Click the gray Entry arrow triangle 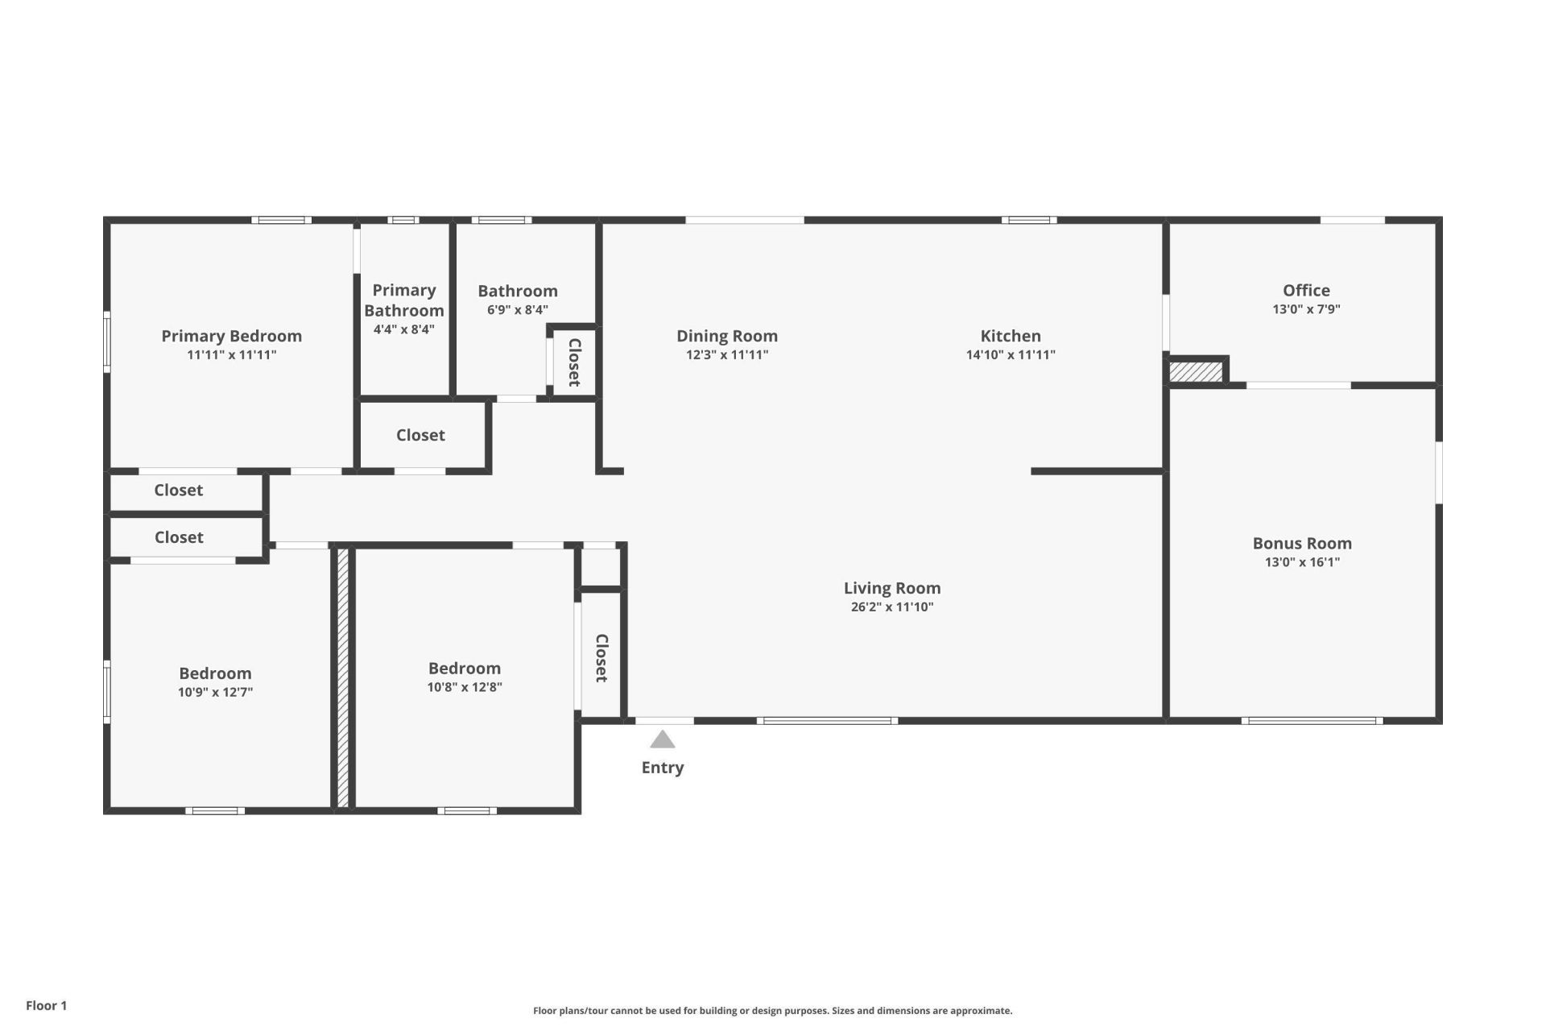[x=662, y=739]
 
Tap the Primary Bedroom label [x=231, y=336]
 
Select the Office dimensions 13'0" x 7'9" [x=1306, y=309]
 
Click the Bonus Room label [x=1301, y=543]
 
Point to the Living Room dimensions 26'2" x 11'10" [x=891, y=607]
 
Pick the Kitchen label [x=1010, y=336]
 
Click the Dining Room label [x=726, y=336]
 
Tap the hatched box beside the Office [x=1196, y=372]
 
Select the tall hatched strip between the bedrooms [x=342, y=677]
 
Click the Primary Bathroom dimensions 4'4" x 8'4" [x=403, y=329]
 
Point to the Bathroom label [x=517, y=291]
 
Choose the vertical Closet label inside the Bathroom [x=574, y=362]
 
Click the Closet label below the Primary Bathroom [x=420, y=435]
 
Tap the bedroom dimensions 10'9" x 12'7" [x=215, y=692]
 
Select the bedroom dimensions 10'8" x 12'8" [x=464, y=687]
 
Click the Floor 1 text [x=46, y=1005]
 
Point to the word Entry [x=662, y=768]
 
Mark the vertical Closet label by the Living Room [x=601, y=657]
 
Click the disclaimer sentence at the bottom [x=772, y=1011]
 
